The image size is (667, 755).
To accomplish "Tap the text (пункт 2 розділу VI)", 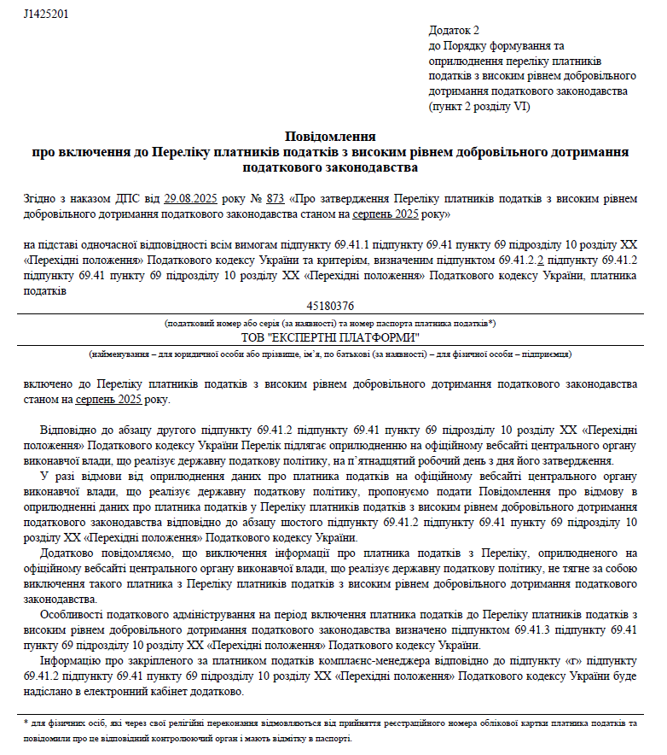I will [x=479, y=106].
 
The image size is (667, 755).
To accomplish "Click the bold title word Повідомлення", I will [x=330, y=137].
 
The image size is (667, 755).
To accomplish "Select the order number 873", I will [x=275, y=199].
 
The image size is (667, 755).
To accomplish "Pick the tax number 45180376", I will [x=330, y=306].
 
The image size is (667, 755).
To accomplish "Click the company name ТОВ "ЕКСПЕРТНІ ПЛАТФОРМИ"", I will [x=330, y=337].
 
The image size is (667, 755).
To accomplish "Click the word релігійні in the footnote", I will [x=178, y=723].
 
